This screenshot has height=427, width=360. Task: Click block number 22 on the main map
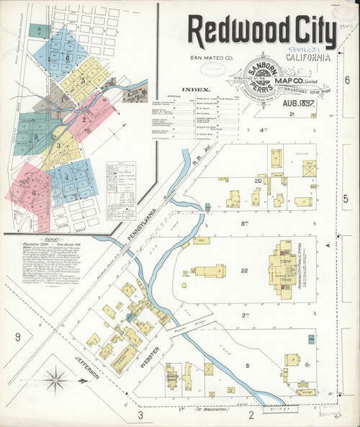pos(244,271)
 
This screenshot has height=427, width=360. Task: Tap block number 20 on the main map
pos(237,180)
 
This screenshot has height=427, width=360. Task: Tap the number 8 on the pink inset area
pos(34,192)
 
